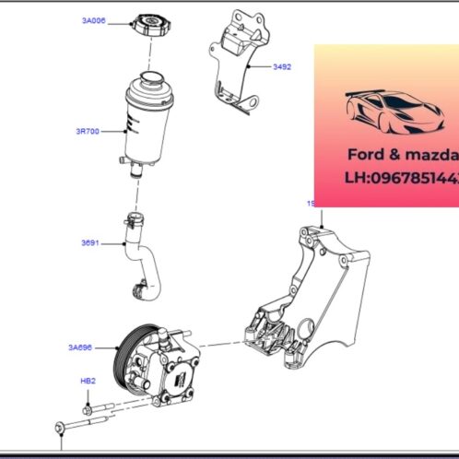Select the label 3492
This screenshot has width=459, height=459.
click(281, 66)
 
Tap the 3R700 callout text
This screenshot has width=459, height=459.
click(88, 132)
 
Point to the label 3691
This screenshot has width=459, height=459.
click(90, 244)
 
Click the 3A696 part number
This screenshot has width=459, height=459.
click(80, 347)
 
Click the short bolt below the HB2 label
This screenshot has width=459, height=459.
click(88, 403)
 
